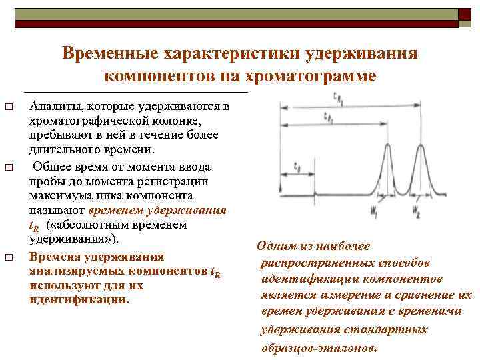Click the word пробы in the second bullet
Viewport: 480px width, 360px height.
(45, 181)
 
